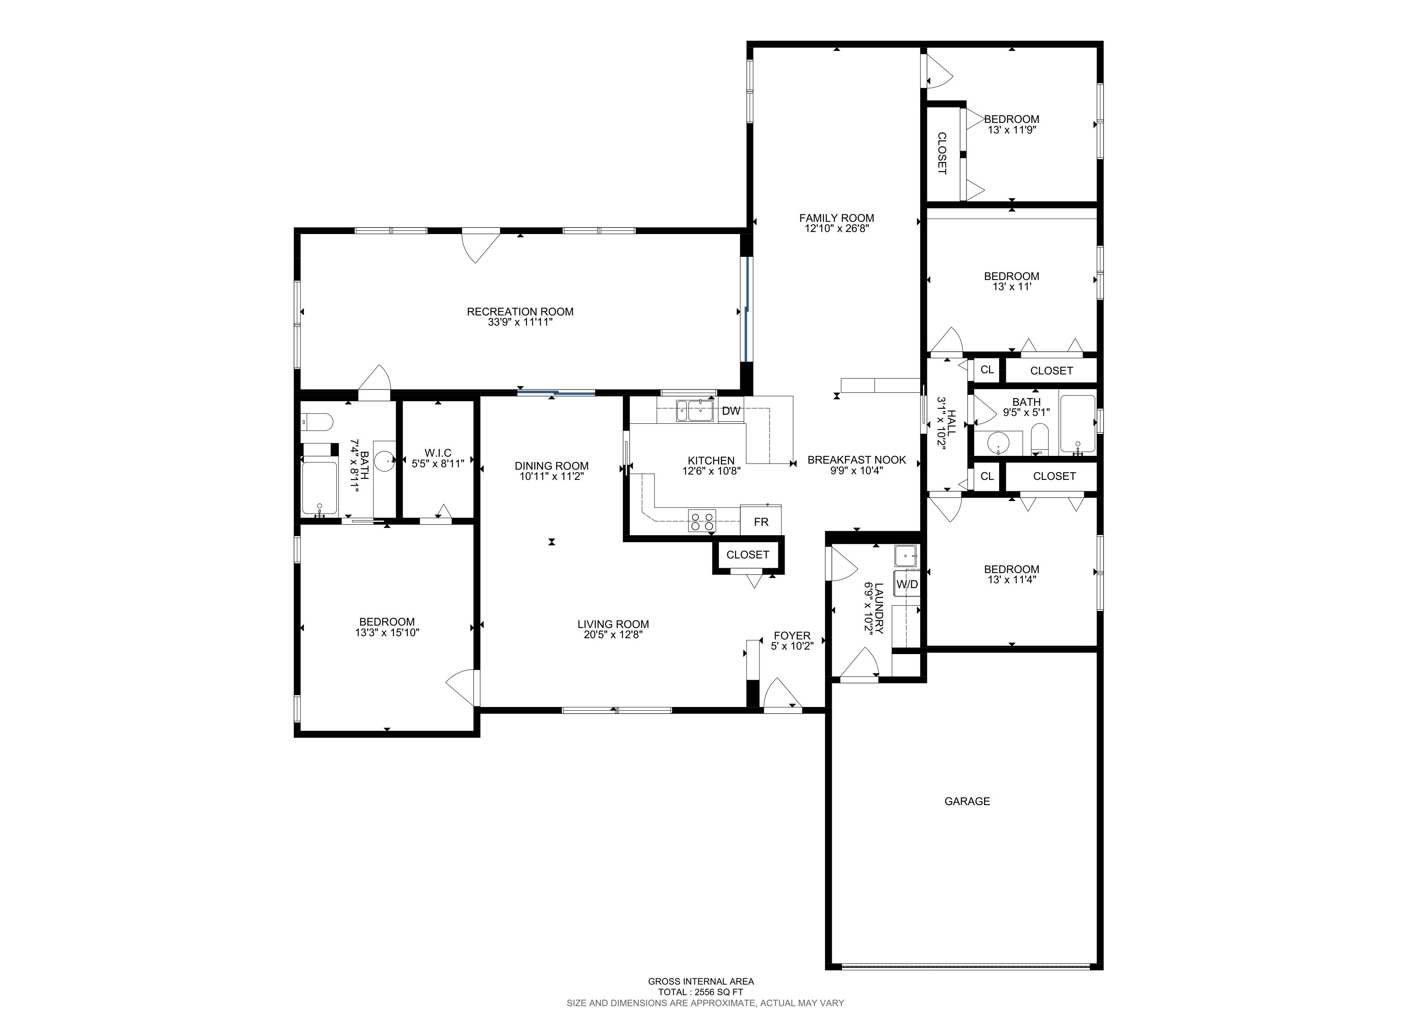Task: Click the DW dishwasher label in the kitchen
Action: point(731,411)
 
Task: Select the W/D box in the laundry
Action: point(907,584)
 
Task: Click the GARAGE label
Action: point(967,801)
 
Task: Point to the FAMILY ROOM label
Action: point(837,218)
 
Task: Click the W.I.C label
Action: point(438,453)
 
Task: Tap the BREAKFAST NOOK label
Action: point(857,460)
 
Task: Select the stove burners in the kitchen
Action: point(702,521)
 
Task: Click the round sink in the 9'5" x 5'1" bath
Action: point(999,443)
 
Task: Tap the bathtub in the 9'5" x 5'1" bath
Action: point(1078,424)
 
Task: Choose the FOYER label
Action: point(792,636)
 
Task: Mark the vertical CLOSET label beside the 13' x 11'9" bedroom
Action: point(942,153)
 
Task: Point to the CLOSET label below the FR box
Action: point(748,554)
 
